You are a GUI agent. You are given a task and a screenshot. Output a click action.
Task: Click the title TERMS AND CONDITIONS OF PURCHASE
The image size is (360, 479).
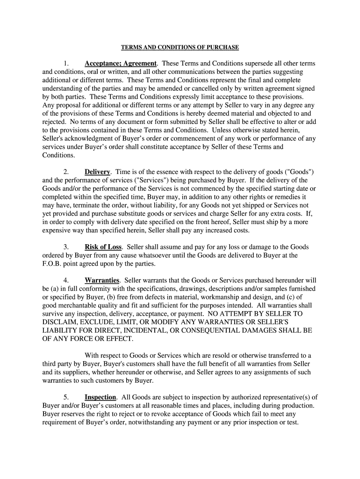(x=180, y=47)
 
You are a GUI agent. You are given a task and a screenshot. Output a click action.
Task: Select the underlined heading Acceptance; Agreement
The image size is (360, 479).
(x=120, y=63)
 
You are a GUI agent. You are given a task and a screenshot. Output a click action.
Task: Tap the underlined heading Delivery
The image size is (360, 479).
(x=97, y=172)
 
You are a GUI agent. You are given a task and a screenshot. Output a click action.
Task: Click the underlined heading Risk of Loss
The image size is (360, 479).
(x=103, y=247)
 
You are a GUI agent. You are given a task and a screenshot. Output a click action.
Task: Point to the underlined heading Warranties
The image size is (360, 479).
(x=101, y=280)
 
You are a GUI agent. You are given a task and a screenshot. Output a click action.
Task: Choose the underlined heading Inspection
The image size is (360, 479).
(x=100, y=397)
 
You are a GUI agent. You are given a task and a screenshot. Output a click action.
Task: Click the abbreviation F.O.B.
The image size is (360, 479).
(x=53, y=264)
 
